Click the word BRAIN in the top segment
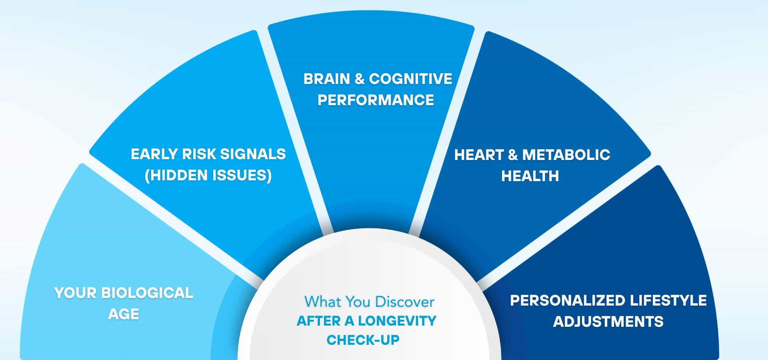pyautogui.click(x=326, y=79)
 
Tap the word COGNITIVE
pyautogui.click(x=410, y=79)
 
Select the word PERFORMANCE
pyautogui.click(x=376, y=100)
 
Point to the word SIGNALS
pyautogui.click(x=253, y=154)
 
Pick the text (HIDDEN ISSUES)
pyautogui.click(x=208, y=175)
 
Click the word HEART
pyautogui.click(x=478, y=155)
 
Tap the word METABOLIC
pyautogui.click(x=566, y=155)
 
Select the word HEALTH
pyautogui.click(x=530, y=176)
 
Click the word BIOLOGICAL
pyautogui.click(x=147, y=293)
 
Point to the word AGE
pyautogui.click(x=124, y=314)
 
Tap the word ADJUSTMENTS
pyautogui.click(x=608, y=322)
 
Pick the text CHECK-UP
pyautogui.click(x=363, y=340)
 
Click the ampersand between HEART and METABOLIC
pyautogui.click(x=512, y=155)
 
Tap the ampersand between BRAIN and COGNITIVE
pyautogui.click(x=360, y=79)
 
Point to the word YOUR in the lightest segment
pyautogui.click(x=75, y=293)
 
